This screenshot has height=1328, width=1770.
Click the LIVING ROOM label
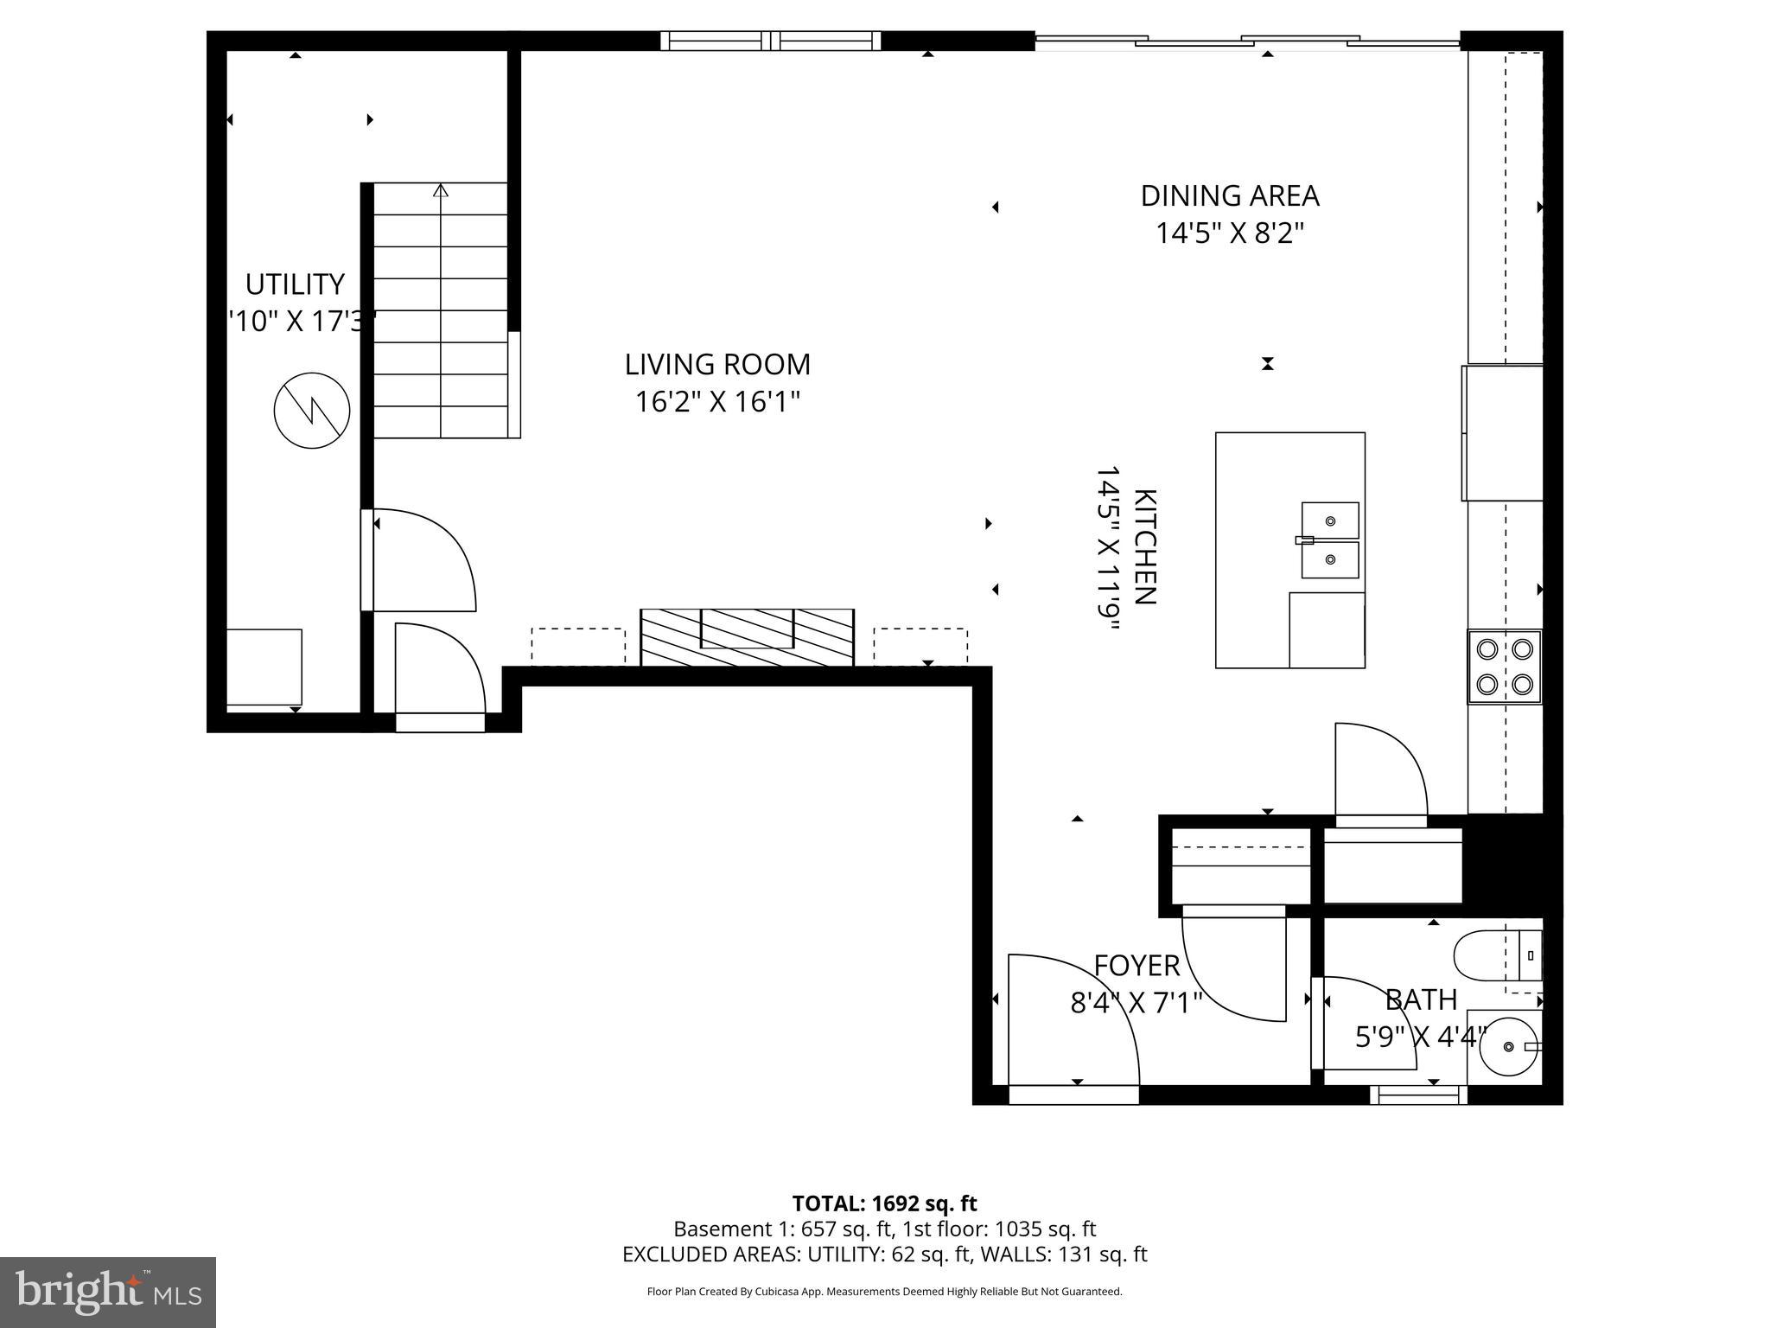pyautogui.click(x=717, y=365)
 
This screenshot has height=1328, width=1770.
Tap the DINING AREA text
pyautogui.click(x=1229, y=196)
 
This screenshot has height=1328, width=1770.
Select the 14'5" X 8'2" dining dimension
pyautogui.click(x=1229, y=233)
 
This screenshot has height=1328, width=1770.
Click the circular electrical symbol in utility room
pyautogui.click(x=312, y=411)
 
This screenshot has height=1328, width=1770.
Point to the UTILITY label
pyautogui.click(x=295, y=284)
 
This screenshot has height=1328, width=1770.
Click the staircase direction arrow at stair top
pyautogui.click(x=441, y=190)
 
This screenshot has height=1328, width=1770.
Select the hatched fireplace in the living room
pyautogui.click(x=747, y=637)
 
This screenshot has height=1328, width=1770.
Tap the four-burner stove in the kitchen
pyautogui.click(x=1504, y=667)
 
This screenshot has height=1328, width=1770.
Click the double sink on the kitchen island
pyautogui.click(x=1330, y=540)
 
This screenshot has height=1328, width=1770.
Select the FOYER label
pyautogui.click(x=1136, y=966)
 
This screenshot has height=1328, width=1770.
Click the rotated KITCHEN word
pyautogui.click(x=1144, y=546)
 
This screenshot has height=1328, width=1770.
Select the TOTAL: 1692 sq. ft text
pyautogui.click(x=884, y=1203)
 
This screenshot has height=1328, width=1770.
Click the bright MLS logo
pyautogui.click(x=108, y=1293)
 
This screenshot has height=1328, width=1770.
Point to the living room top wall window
pyautogui.click(x=771, y=41)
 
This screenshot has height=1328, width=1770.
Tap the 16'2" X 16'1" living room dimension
pyautogui.click(x=717, y=402)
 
